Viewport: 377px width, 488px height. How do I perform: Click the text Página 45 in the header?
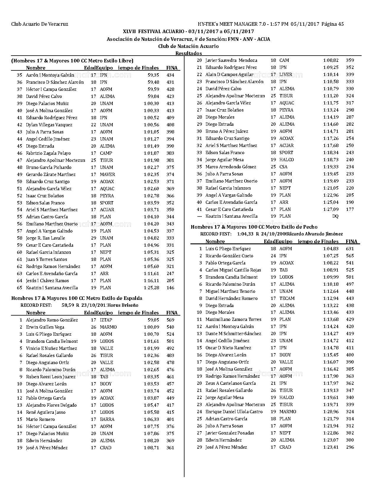[x=332, y=24]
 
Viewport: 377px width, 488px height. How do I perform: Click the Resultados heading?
[x=189, y=53]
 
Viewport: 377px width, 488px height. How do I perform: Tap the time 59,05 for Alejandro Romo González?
[x=153, y=320]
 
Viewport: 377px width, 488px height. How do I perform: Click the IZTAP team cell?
[x=106, y=320]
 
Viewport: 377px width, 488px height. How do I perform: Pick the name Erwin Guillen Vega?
[x=45, y=327]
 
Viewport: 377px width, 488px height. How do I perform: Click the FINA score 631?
[x=350, y=249]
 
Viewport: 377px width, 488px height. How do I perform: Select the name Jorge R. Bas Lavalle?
[x=46, y=238]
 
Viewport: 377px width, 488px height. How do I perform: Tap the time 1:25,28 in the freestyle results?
[x=151, y=288]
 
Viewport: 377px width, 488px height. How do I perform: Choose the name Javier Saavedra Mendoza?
[x=231, y=60]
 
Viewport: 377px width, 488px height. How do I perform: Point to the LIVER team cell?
[x=286, y=75]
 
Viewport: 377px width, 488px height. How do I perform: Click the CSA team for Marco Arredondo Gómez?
[x=283, y=167]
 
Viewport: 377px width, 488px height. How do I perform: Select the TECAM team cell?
[x=287, y=298]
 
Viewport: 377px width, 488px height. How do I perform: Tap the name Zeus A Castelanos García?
[x=231, y=383]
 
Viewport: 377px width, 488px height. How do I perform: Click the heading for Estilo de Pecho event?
[x=254, y=227]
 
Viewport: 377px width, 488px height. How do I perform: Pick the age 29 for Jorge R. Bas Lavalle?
[x=93, y=238]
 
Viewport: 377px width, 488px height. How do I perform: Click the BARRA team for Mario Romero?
[x=107, y=419]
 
